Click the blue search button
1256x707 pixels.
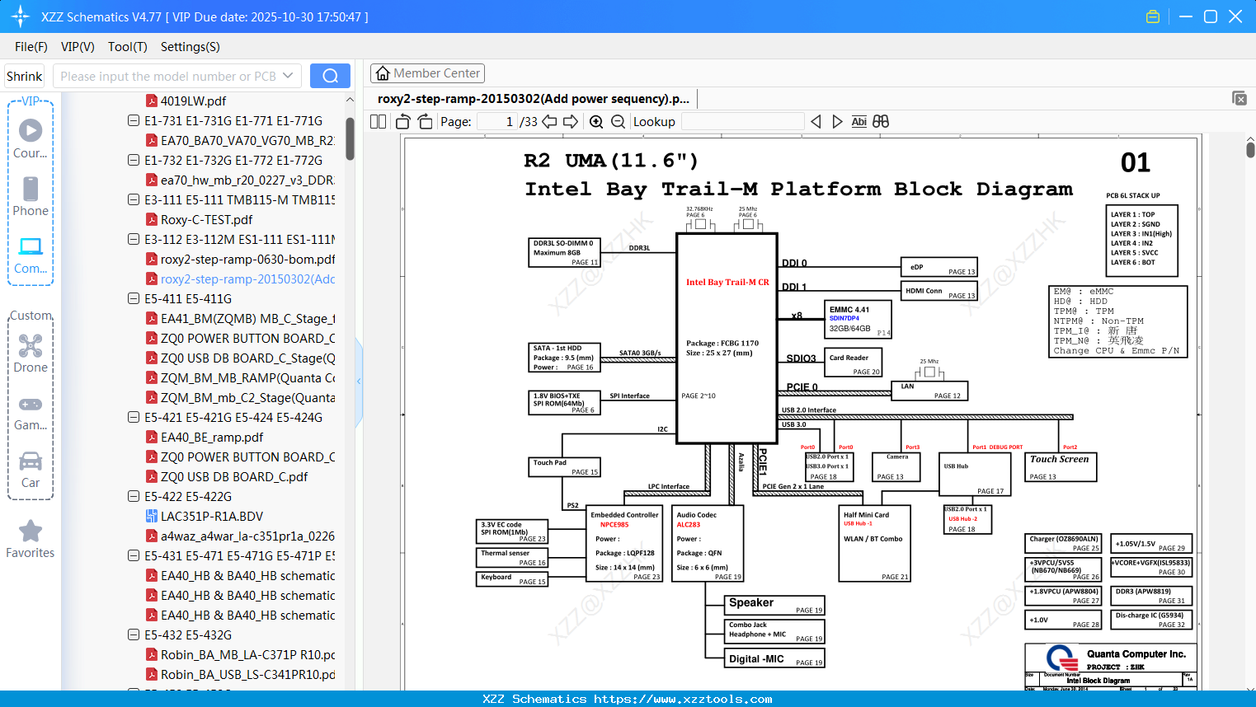(x=330, y=76)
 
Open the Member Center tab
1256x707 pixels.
(x=427, y=73)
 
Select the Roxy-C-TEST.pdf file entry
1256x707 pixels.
(x=206, y=220)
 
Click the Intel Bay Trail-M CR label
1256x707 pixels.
(x=727, y=282)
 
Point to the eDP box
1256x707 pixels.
(x=938, y=268)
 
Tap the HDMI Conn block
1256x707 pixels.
(x=938, y=291)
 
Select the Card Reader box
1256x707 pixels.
(x=853, y=362)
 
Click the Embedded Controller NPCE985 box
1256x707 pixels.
(x=624, y=543)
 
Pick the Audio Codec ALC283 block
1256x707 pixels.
(x=708, y=543)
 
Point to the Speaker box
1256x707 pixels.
(x=774, y=605)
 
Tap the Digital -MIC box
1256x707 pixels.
(x=774, y=658)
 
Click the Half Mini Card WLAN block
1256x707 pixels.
(x=874, y=544)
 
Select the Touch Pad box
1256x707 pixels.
(x=564, y=467)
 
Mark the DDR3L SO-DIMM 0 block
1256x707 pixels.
(x=564, y=252)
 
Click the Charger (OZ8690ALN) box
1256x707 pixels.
(x=1064, y=543)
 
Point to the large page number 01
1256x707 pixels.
(x=1136, y=163)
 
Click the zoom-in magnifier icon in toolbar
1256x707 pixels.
(x=596, y=122)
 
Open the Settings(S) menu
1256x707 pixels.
(x=190, y=47)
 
